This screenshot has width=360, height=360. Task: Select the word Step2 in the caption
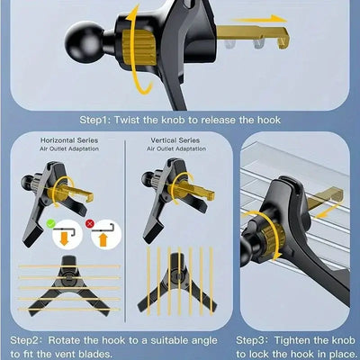point(27,341)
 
